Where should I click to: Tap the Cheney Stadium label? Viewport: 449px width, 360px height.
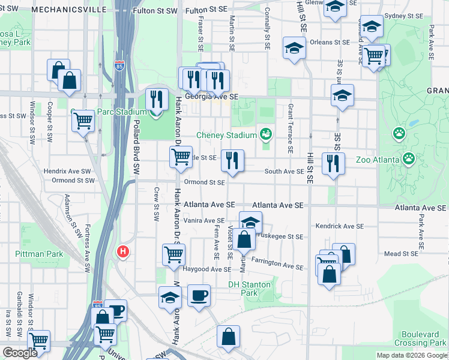pos(226,134)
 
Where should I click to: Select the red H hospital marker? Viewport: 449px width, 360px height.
pos(123,251)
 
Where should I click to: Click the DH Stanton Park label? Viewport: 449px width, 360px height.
pos(249,289)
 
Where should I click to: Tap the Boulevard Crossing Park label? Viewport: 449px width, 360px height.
pos(421,337)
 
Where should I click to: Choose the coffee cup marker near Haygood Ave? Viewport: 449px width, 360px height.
pos(199,295)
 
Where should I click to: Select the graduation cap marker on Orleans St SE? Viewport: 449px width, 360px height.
pos(294,47)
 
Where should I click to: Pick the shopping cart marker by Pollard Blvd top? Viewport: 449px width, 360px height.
pos(83,121)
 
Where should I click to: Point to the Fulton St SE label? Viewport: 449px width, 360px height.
pos(206,11)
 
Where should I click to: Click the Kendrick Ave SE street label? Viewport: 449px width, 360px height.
pos(340,226)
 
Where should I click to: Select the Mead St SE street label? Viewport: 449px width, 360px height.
pos(400,254)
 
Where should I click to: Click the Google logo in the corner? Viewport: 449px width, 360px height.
pos(20,353)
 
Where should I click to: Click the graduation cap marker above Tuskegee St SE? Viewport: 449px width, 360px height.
pos(250,221)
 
